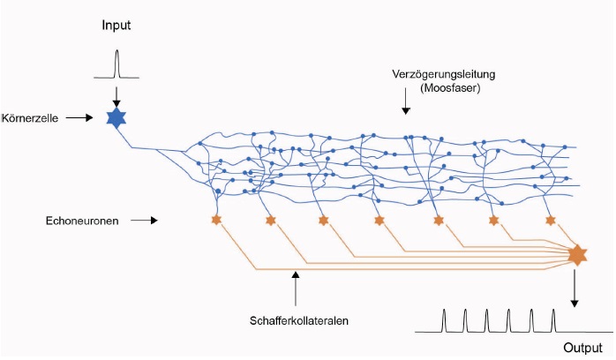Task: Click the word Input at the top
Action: click(x=116, y=25)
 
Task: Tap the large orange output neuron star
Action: click(x=576, y=254)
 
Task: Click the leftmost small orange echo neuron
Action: click(x=215, y=219)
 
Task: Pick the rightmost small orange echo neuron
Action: click(x=551, y=220)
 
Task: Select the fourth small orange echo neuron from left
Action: click(x=379, y=220)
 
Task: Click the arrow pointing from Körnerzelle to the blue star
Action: click(x=79, y=116)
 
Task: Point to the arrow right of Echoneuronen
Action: click(x=142, y=221)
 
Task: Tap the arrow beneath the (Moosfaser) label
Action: click(x=405, y=109)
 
